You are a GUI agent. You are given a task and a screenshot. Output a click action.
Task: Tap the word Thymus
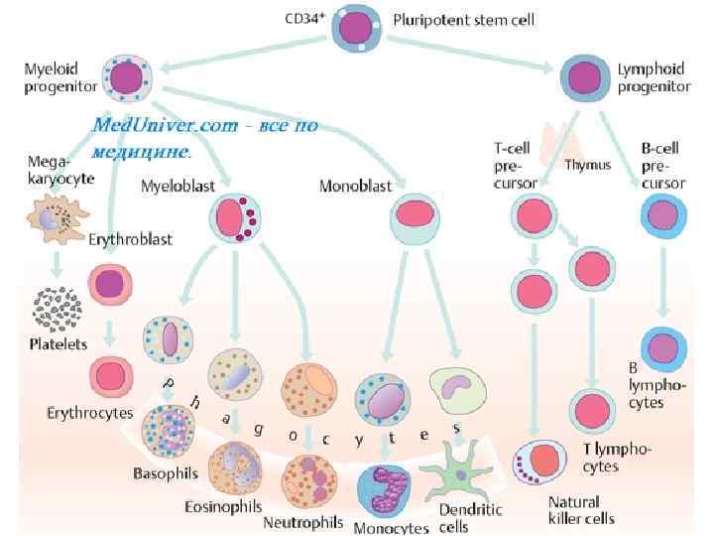pos(587,165)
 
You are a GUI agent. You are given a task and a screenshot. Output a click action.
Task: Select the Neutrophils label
pos(303,521)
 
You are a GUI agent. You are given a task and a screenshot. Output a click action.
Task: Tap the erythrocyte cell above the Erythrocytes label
pos(110,377)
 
